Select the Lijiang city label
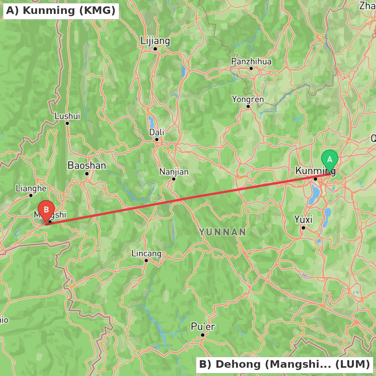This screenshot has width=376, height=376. pos(155,41)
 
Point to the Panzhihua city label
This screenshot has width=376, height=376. pos(251,61)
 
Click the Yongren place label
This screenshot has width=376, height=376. pos(248,99)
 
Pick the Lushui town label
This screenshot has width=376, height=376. pos(67,116)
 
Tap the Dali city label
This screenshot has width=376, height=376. pos(157,132)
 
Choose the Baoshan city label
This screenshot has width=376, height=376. pos(86,165)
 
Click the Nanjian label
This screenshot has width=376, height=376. pos(174,172)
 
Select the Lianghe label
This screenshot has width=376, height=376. pos(31,188)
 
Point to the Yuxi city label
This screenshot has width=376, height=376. pos(303,219)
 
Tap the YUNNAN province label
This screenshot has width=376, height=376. pos(223,232)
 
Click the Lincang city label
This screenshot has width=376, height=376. pos(146,254)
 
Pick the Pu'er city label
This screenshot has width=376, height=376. pos(203,327)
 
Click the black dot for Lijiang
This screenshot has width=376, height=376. pos(155,49)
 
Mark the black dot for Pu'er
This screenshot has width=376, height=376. pos(202,335)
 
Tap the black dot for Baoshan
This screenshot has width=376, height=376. pos(86,174)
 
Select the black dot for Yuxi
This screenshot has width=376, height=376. pos(303,227)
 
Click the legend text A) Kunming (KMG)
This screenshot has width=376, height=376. pos(61,11)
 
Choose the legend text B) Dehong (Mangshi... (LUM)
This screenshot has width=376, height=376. pos(284,364)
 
